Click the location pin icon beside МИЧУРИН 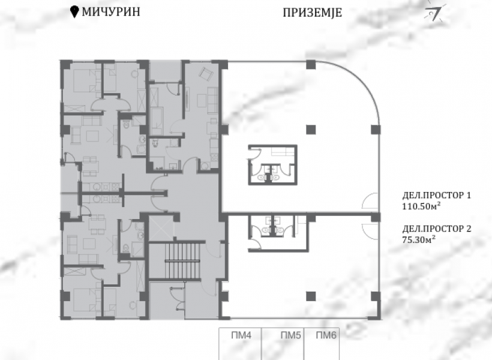tap(74, 12)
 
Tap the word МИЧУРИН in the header tap(111, 12)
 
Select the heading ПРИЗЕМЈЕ tap(312, 13)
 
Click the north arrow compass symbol tap(434, 13)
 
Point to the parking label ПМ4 tap(241, 335)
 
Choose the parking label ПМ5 tap(291, 335)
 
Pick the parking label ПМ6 tap(326, 335)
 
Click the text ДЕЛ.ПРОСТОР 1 tap(437, 196)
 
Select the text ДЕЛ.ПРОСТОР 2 tap(437, 229)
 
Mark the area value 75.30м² tap(419, 239)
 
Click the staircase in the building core tap(182, 261)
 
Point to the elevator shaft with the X tap(160, 228)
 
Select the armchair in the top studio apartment tap(206, 74)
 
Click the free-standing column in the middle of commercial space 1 tap(311, 130)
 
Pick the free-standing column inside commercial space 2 tap(311, 296)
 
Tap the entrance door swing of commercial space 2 tap(370, 232)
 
